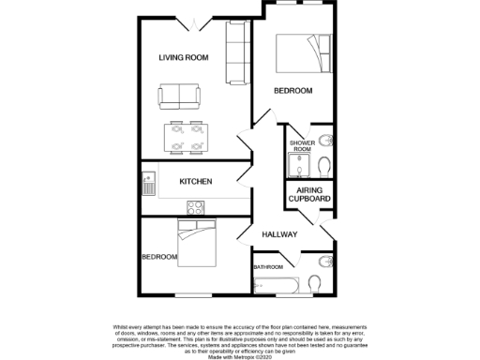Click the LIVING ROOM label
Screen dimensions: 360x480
pos(183,58)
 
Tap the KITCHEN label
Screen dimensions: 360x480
pos(196,181)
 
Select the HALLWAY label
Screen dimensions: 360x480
pos(279,234)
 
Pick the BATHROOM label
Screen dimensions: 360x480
pos(268,267)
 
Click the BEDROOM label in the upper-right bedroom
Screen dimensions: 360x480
pos(292,91)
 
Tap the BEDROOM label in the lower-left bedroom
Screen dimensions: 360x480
pos(159,257)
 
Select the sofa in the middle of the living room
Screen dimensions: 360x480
pos(178,95)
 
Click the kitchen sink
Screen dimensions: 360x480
pos(148,182)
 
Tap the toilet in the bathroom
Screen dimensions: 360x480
pos(314,284)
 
